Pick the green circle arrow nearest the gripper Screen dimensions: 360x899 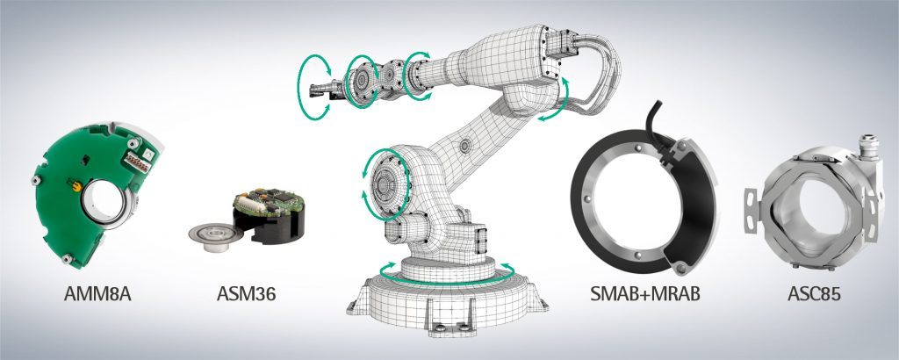pyautogui.click(x=314, y=83)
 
